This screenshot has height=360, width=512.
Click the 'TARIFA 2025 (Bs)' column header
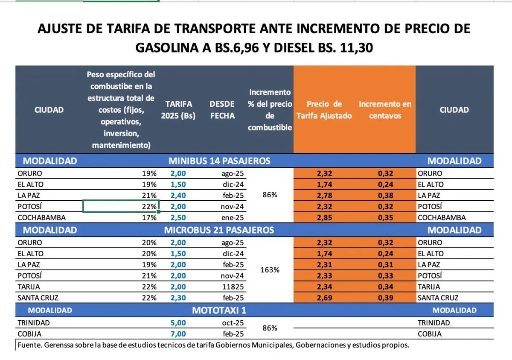coord(178,110)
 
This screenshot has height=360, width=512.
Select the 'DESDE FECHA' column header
coord(222,110)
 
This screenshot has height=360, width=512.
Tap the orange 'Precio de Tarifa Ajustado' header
coord(324,110)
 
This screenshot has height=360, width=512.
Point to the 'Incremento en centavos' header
coord(385,110)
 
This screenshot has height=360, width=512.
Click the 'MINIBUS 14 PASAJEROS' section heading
coord(219,161)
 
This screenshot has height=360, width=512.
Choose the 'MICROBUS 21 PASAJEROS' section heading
coord(219,230)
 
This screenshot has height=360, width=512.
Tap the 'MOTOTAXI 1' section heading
coord(219,310)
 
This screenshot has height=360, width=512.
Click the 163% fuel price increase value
coord(270,270)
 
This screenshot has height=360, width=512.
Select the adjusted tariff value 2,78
coord(325,196)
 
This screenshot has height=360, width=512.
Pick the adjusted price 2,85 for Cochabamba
coord(325,217)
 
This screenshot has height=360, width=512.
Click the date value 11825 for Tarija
coord(233,287)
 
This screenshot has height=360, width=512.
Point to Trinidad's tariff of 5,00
coord(178,323)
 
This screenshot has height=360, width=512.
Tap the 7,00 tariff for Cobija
coord(178,334)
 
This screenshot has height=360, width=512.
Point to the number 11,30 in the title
coord(356,48)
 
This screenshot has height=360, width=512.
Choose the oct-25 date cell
coord(233,323)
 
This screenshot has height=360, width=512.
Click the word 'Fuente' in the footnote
coord(28,345)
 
